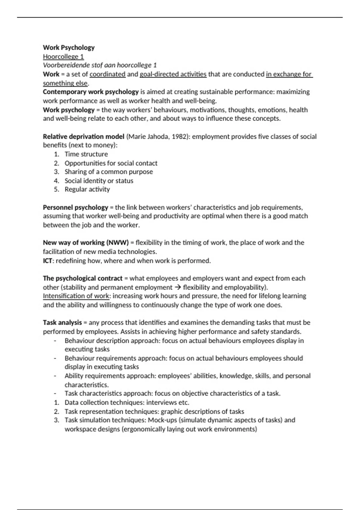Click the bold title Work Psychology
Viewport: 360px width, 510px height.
pos(69,47)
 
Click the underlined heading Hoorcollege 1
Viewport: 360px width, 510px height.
pos(63,56)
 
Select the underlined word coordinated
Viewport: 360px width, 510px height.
pos(107,74)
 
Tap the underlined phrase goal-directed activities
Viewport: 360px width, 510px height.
pos(173,74)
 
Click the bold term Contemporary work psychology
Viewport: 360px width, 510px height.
pos(91,92)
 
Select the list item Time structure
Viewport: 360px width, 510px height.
pos(86,154)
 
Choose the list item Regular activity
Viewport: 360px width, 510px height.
pos(87,189)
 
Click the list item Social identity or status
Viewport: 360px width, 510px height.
pos(99,181)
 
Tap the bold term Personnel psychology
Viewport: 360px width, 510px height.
pos(75,207)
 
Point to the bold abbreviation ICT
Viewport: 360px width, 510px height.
pos(48,260)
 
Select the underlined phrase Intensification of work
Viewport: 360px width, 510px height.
pos(76,296)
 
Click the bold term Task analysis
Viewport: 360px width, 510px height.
pos(62,322)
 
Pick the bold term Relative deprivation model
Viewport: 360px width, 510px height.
pos(83,136)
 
